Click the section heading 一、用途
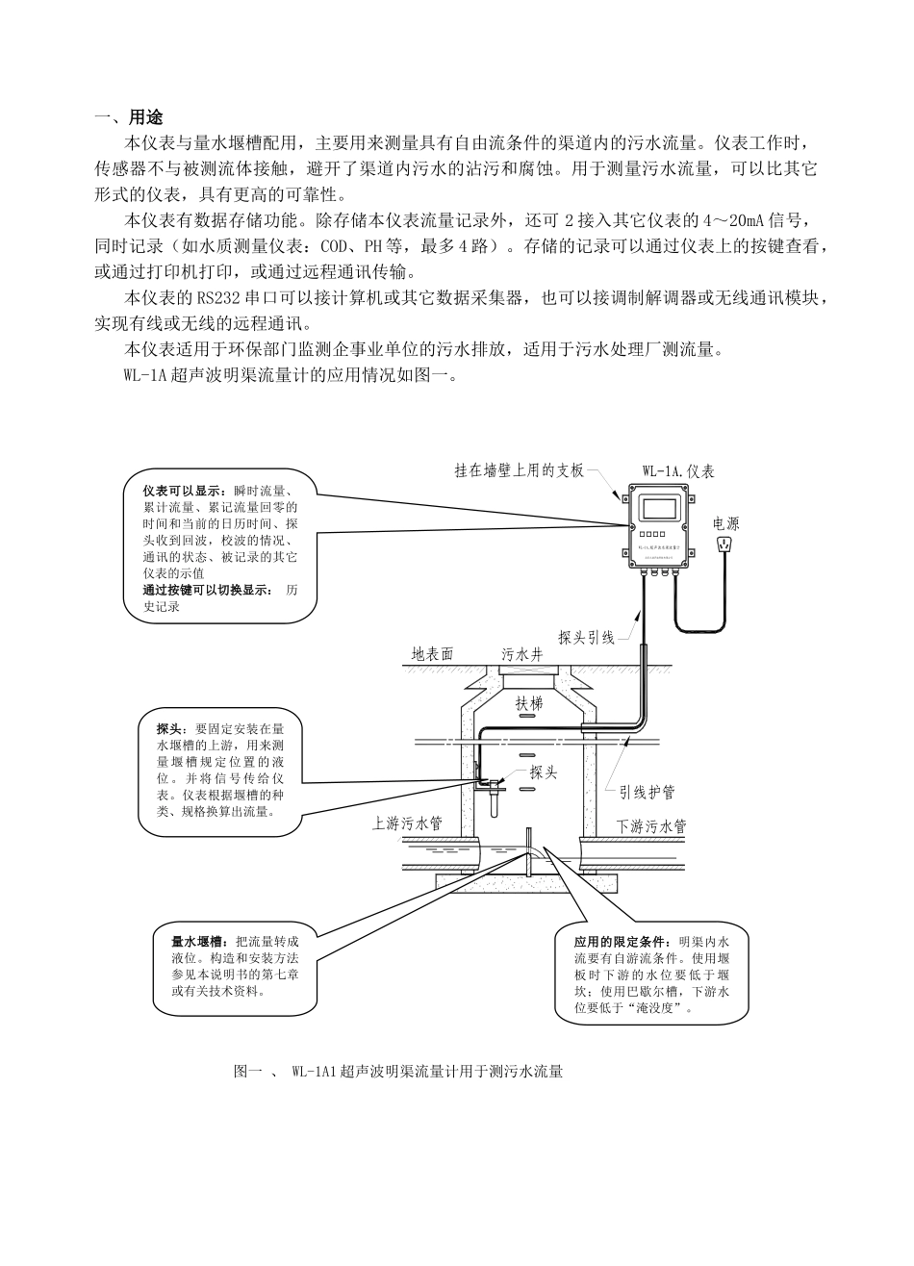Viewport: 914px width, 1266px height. point(129,117)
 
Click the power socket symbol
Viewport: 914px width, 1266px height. point(724,545)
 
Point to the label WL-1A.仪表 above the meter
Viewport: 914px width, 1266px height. point(678,471)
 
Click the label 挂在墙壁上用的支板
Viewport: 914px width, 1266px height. point(520,470)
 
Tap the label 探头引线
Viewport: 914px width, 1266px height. point(586,637)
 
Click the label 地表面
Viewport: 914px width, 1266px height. point(433,654)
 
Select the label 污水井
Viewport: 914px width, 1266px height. point(522,654)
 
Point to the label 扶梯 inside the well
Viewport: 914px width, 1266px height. point(530,703)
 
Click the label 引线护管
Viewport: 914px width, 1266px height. point(647,792)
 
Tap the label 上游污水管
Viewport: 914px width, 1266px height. point(408,823)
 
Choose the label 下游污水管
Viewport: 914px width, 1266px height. point(651,825)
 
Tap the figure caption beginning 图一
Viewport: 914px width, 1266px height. point(397,1071)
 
